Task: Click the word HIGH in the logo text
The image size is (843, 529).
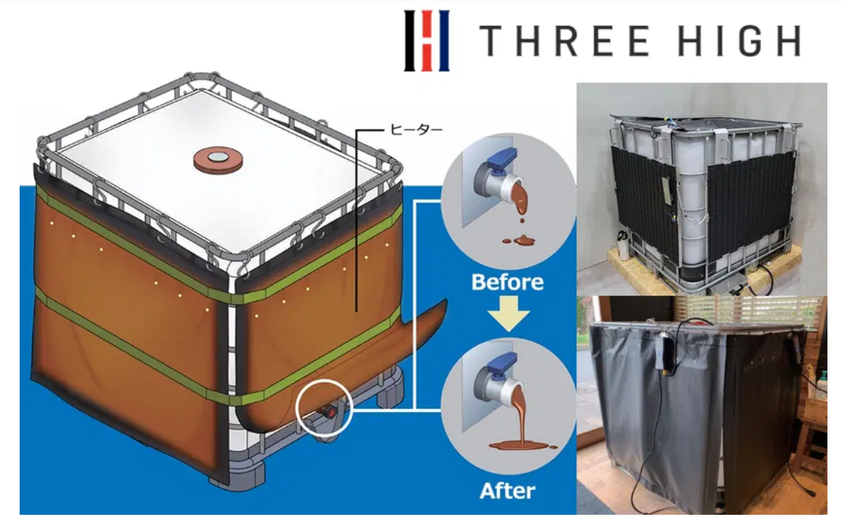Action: tap(740, 41)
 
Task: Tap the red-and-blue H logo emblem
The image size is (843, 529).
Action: tap(427, 41)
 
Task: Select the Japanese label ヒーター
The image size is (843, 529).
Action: tap(417, 130)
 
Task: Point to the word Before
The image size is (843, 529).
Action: tap(507, 282)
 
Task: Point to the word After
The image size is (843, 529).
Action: tap(507, 490)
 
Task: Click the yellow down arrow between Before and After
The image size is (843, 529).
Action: tap(508, 313)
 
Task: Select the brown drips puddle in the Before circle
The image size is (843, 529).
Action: tap(520, 239)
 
